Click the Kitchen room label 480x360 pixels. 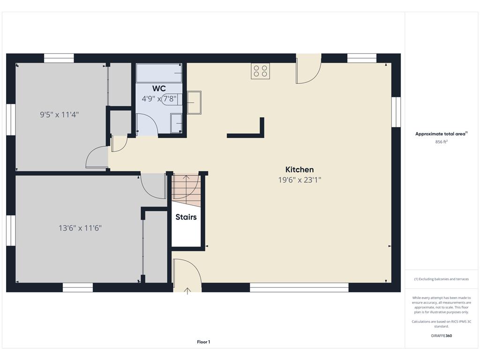coord(300,170)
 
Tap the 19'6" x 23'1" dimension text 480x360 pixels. coord(300,180)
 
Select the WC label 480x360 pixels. coord(159,89)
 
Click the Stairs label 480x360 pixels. coord(186,217)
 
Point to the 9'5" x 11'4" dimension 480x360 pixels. coord(60,114)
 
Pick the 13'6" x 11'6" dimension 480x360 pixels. coord(80,228)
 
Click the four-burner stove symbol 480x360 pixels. coord(260,71)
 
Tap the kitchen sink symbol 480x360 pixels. coord(194,103)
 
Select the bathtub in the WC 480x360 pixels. coord(159,73)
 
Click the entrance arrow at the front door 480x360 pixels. coord(187,291)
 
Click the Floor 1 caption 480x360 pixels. coord(203,342)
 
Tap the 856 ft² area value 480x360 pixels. coord(441,142)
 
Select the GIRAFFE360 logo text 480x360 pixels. coord(441,336)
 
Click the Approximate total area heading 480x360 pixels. coord(441,134)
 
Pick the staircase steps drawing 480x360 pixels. coord(186,190)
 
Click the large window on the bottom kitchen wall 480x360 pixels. coord(299,287)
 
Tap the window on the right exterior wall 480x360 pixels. coord(396,112)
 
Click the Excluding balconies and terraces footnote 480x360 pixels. coord(441,279)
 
